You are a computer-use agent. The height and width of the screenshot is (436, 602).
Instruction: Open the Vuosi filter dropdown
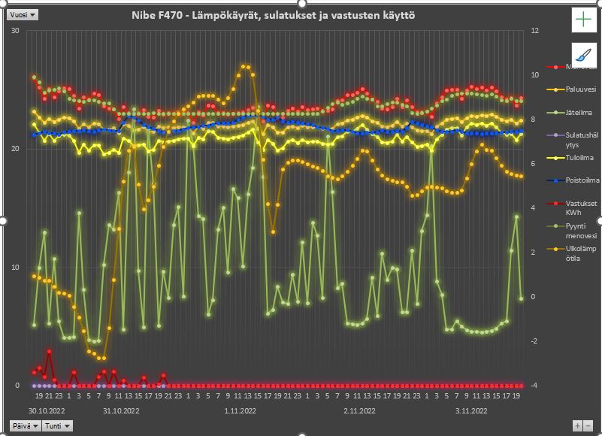point(23,14)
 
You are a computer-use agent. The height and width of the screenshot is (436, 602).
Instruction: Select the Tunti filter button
point(57,425)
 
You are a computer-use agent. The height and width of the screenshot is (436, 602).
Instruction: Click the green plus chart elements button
point(583,20)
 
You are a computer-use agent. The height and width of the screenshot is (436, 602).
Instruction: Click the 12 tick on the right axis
point(535,31)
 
